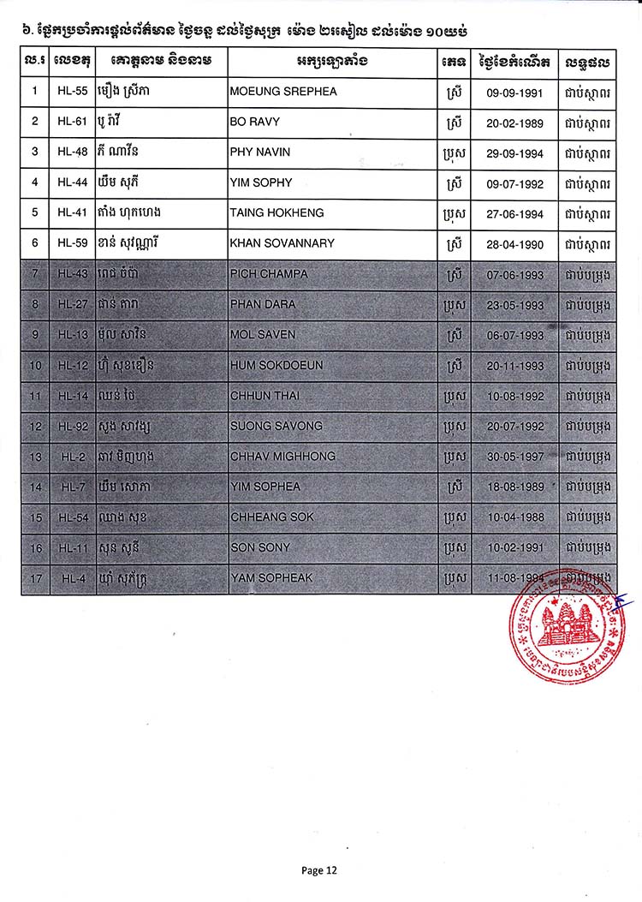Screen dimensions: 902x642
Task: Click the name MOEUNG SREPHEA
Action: [x=283, y=92]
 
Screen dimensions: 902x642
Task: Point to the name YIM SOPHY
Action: [x=261, y=182]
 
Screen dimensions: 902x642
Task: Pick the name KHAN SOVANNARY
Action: [x=282, y=243]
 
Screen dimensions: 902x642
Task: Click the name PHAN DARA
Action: [x=263, y=304]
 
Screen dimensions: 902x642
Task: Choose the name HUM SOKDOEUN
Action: [x=276, y=365]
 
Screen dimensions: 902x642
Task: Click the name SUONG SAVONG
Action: [x=276, y=426]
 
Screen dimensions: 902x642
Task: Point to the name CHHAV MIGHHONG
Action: [x=282, y=457]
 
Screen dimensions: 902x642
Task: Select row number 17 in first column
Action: [x=35, y=578]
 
